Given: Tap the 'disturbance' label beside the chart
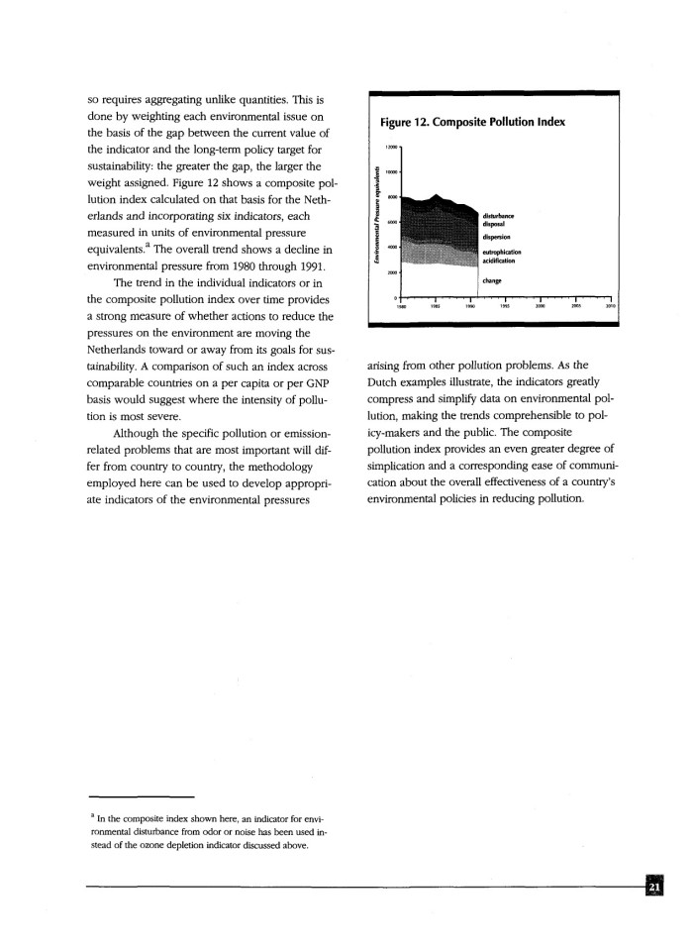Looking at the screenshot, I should pos(498,214).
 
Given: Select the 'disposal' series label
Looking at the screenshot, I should pos(494,223).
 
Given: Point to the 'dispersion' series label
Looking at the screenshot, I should pos(496,237).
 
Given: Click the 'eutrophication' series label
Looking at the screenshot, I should pos(502,253).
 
